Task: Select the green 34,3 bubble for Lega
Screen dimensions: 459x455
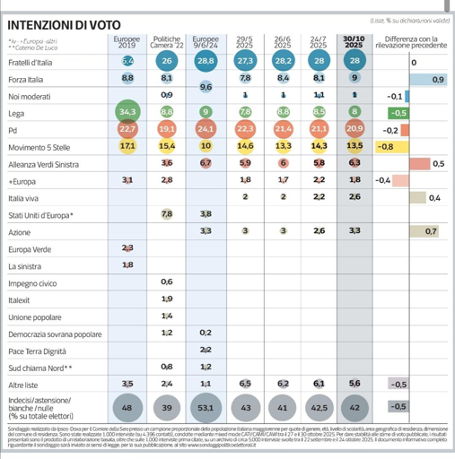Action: point(127,112)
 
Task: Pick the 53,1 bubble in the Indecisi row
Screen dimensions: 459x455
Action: point(206,406)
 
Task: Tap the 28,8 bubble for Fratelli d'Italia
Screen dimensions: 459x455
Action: point(206,61)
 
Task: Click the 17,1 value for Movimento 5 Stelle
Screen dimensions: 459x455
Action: point(127,145)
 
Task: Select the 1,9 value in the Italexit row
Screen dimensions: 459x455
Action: point(167,299)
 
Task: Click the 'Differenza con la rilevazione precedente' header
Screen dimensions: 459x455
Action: point(412,43)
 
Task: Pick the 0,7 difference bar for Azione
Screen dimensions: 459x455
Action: point(424,231)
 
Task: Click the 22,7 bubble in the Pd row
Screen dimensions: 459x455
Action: point(127,129)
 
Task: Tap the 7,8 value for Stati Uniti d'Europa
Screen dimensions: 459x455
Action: point(167,214)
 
